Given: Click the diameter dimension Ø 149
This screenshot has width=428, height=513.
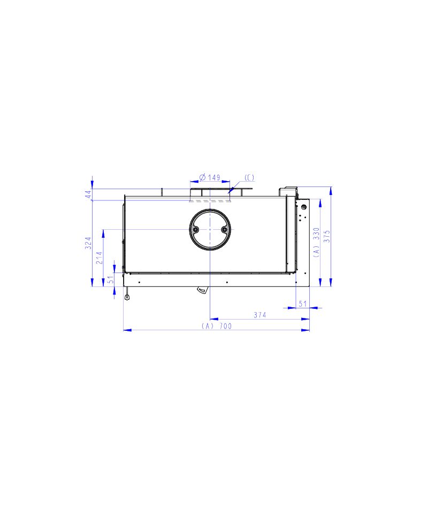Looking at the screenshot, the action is tap(210, 177).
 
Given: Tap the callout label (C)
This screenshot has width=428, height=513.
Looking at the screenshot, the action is tap(249, 177).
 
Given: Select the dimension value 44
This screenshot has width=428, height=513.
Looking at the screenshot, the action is tap(88, 195).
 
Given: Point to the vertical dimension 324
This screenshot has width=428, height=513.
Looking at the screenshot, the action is tap(88, 243).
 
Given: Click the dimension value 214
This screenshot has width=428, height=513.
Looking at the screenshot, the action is tap(100, 258).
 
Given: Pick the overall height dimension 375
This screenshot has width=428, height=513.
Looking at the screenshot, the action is tap(327, 236).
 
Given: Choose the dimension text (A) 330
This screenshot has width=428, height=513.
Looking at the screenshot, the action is tap(316, 242).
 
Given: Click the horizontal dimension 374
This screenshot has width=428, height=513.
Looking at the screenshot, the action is tap(260, 315).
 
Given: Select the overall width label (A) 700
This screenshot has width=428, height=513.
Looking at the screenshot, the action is tap(217, 326).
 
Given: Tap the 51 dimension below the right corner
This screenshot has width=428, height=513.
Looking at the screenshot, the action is tap(303, 304).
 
